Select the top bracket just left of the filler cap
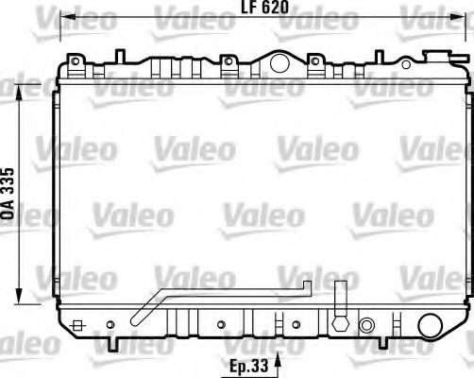(x=227, y=64)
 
